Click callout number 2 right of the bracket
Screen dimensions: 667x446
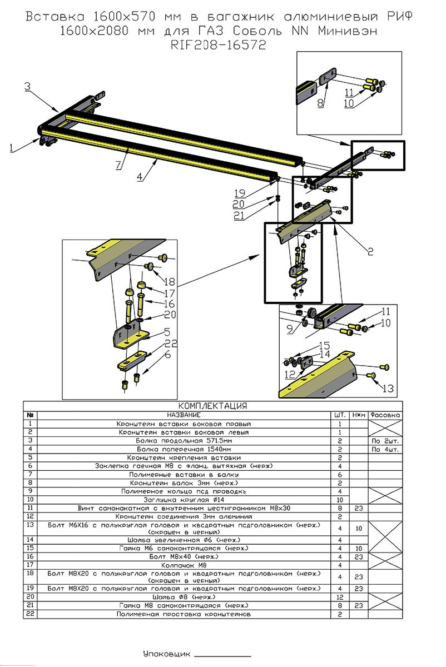coord(369,250)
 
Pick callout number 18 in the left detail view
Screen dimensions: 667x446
coord(169,281)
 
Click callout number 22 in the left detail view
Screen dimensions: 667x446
coord(171,344)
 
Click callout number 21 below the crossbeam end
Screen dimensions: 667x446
coord(239,216)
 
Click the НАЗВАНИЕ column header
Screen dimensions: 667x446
coord(184,415)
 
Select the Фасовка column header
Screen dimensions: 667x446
coord(385,415)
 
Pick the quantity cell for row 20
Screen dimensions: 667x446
coord(340,596)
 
